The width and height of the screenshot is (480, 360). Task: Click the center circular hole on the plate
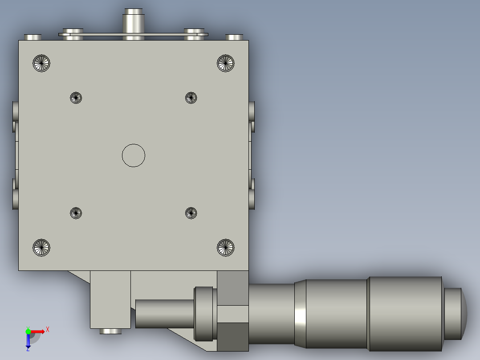pos(134,155)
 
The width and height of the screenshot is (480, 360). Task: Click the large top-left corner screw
pos(41,63)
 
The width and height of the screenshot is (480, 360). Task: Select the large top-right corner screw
pos(226,63)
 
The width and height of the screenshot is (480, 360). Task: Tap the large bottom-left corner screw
pos(41,247)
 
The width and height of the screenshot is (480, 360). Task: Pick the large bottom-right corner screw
pos(226,247)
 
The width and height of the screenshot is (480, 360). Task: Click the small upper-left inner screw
pos(76,98)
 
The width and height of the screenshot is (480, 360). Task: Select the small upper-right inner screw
pos(191,98)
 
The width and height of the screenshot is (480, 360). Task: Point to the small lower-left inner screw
pos(76,213)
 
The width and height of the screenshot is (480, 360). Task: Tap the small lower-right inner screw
pos(191,213)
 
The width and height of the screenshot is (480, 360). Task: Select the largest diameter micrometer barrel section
pos(405,313)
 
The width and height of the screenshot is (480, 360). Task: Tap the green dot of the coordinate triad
pos(28,331)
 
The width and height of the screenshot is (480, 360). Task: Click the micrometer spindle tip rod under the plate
pos(164,314)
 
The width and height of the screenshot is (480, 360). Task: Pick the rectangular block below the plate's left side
pos(110,299)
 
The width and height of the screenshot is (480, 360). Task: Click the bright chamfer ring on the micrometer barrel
pos(301,314)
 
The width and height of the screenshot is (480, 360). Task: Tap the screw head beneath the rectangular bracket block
pos(110,331)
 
